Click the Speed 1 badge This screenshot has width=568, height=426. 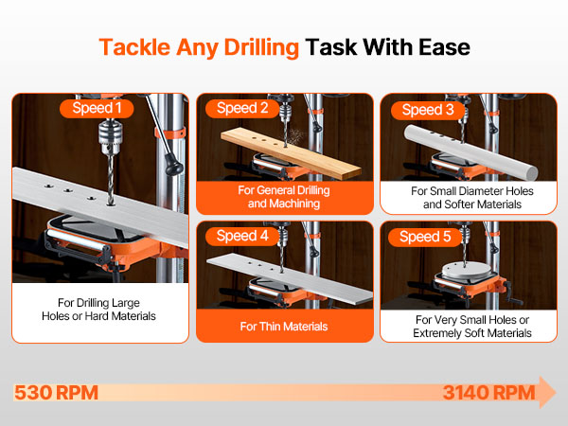[97, 108]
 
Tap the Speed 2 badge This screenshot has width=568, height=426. [242, 108]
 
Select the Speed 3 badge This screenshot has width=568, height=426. [428, 110]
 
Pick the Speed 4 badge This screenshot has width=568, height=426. [242, 236]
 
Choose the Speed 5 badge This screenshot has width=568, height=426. [425, 237]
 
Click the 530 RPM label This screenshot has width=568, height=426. [56, 393]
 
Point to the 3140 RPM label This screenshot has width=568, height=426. [488, 393]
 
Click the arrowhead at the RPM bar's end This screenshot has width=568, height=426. [547, 392]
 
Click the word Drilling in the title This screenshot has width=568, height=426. [261, 48]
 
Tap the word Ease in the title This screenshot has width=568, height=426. [444, 47]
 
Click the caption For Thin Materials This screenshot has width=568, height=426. [284, 327]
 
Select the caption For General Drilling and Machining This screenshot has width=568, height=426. [284, 197]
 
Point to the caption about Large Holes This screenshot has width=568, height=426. [98, 310]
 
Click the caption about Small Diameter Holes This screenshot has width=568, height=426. [472, 198]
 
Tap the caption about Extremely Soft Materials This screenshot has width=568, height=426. [472, 327]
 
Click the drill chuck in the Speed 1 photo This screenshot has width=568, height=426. [110, 137]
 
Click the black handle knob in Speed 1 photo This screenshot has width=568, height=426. [173, 166]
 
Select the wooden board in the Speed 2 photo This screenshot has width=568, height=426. [291, 153]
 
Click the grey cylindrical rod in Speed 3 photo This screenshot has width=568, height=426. [470, 151]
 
